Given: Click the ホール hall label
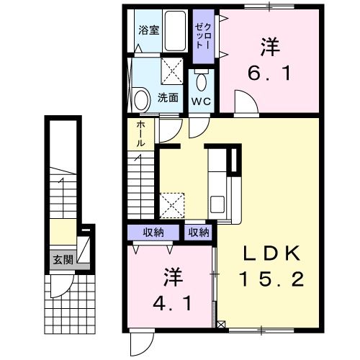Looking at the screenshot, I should (140, 134).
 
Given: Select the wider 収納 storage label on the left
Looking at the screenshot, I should (153, 232).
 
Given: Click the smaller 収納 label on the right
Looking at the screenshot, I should (199, 232).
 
